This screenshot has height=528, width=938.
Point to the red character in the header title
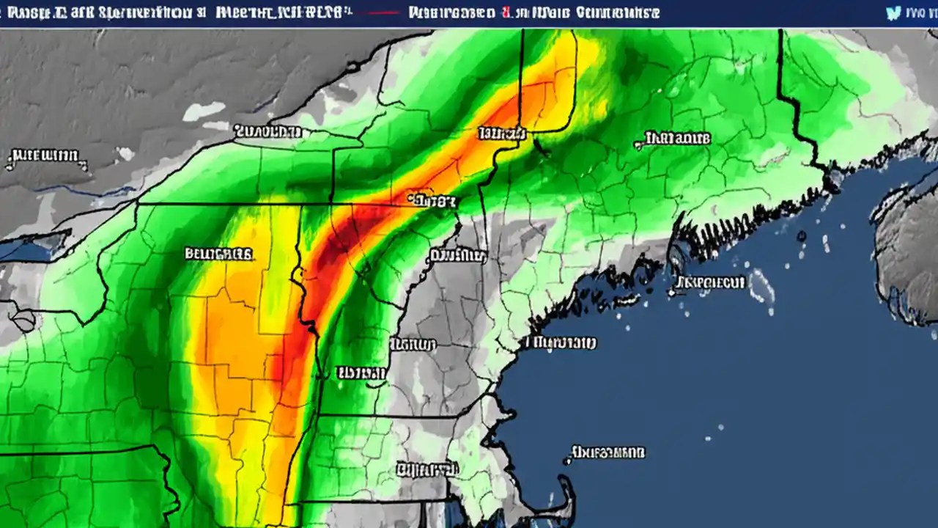click(505, 12)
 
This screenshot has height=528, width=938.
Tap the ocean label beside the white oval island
click(709, 282)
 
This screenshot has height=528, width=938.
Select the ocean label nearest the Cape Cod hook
click(607, 452)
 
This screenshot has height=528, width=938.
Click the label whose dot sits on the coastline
click(561, 342)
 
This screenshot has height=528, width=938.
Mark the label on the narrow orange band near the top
click(503, 133)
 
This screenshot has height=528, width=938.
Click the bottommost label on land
click(424, 468)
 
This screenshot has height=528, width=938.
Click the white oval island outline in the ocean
click(762, 286)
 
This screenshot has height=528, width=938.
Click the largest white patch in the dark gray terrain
click(204, 111)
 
